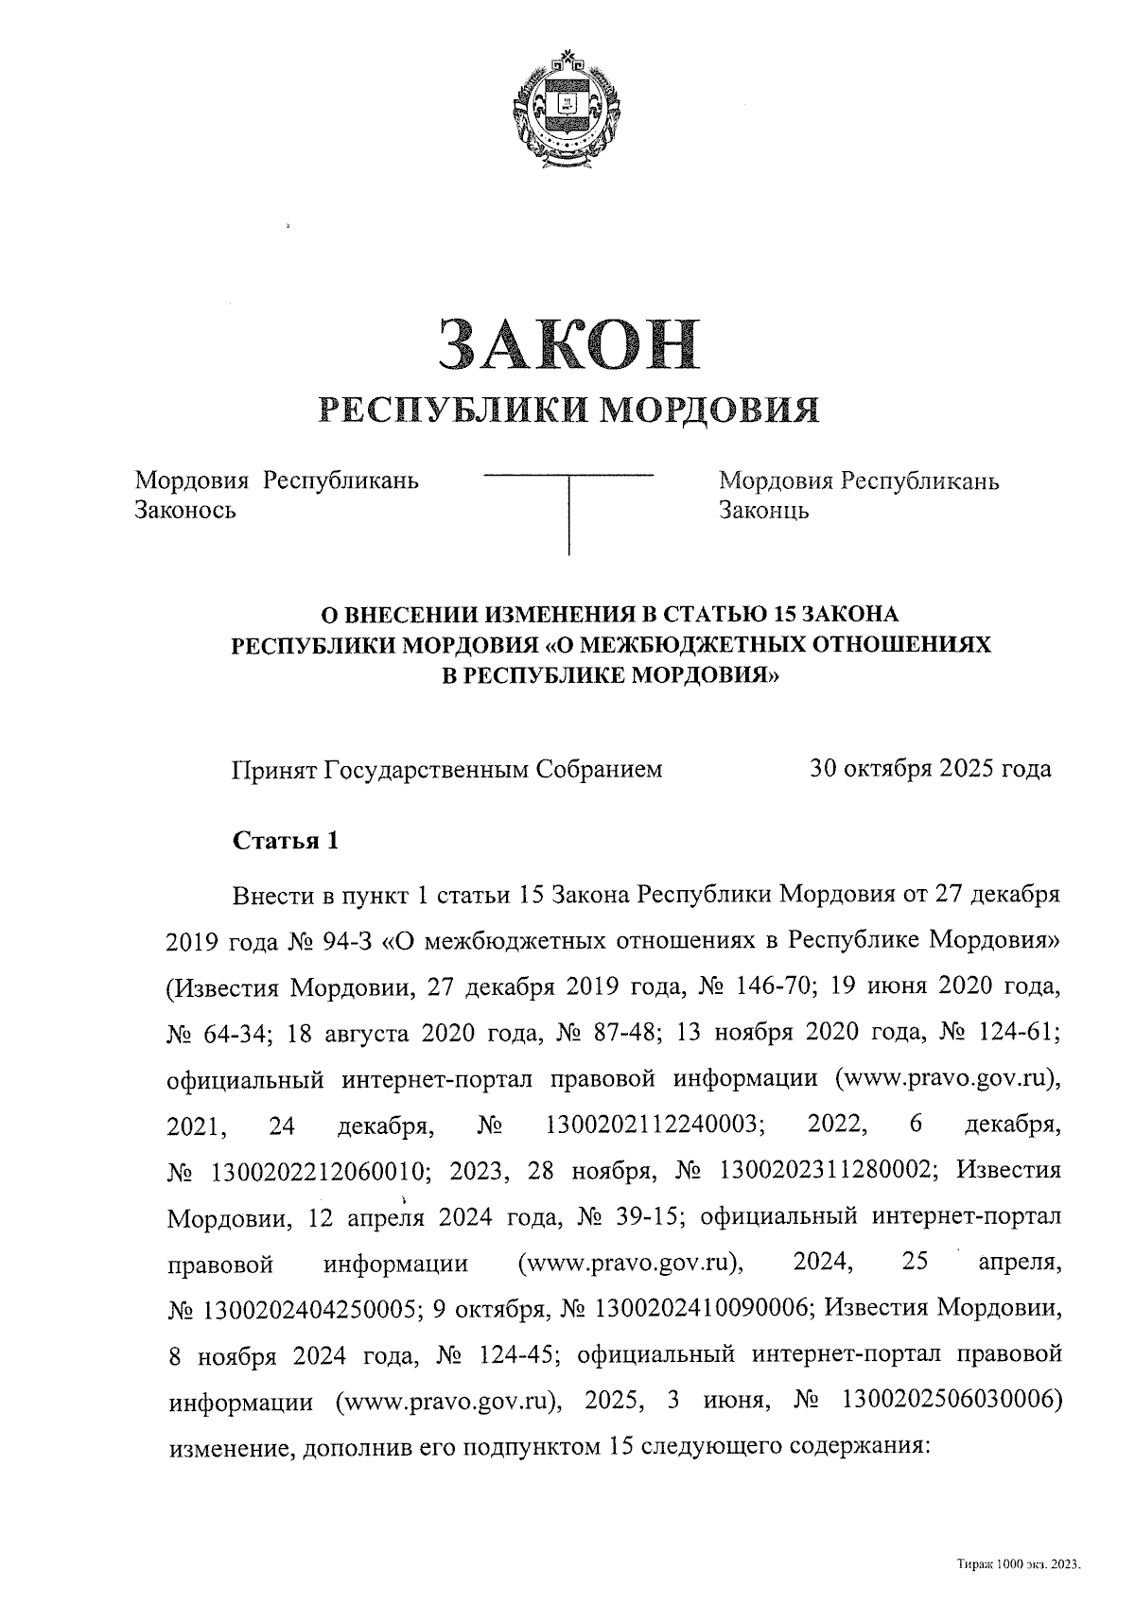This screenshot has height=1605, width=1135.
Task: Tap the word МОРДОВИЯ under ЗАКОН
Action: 710,409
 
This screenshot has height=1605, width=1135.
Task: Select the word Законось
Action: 185,512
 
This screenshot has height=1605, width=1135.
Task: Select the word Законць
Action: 763,512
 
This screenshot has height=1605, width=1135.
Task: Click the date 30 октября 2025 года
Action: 930,769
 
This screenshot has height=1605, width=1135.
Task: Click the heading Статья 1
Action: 285,841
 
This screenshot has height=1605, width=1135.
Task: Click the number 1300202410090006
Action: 703,1309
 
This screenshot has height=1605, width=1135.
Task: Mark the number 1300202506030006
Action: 941,1401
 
